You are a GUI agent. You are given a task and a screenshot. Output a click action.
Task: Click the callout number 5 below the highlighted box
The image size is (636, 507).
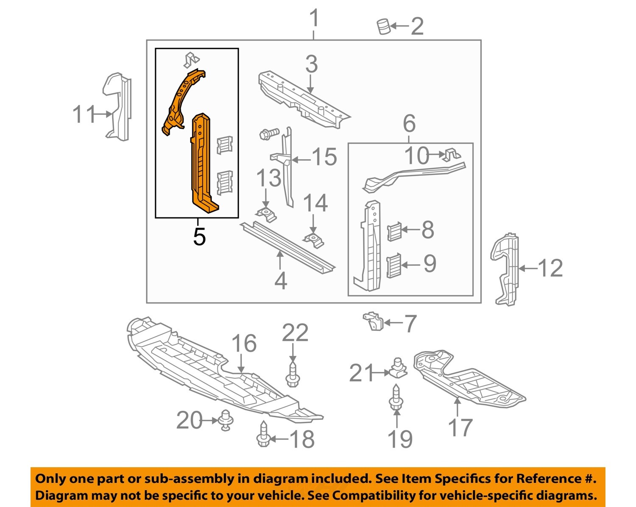pyautogui.click(x=199, y=236)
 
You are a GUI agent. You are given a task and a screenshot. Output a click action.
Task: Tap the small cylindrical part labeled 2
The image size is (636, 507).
pyautogui.click(x=383, y=26)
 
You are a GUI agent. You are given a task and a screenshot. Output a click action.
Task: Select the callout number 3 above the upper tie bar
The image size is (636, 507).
pyautogui.click(x=311, y=65)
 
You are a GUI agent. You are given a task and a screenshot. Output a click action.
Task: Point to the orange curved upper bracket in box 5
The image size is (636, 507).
pyautogui.click(x=182, y=100)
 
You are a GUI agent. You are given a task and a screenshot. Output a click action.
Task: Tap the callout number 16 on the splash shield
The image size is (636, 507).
pyautogui.click(x=244, y=344)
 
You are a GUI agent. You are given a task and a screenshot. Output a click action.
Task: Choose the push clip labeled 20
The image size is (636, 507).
pyautogui.click(x=225, y=420)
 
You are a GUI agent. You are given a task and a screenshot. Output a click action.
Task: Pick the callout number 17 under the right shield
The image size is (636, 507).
pyautogui.click(x=460, y=428)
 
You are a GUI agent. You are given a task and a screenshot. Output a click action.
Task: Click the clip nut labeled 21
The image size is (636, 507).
pyautogui.click(x=397, y=369)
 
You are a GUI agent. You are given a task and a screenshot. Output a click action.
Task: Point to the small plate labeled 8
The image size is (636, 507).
pyautogui.click(x=394, y=231)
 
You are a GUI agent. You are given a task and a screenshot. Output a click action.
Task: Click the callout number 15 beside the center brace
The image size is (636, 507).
pyautogui.click(x=325, y=157)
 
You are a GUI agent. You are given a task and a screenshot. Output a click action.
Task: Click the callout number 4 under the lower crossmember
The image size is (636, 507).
pyautogui.click(x=281, y=280)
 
